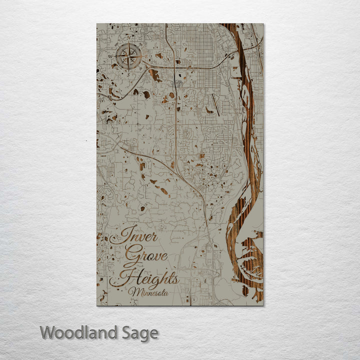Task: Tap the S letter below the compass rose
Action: point(129,70)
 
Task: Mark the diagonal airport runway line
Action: point(215,104)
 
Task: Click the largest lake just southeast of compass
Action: point(155,75)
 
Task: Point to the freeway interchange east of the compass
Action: point(176,63)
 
